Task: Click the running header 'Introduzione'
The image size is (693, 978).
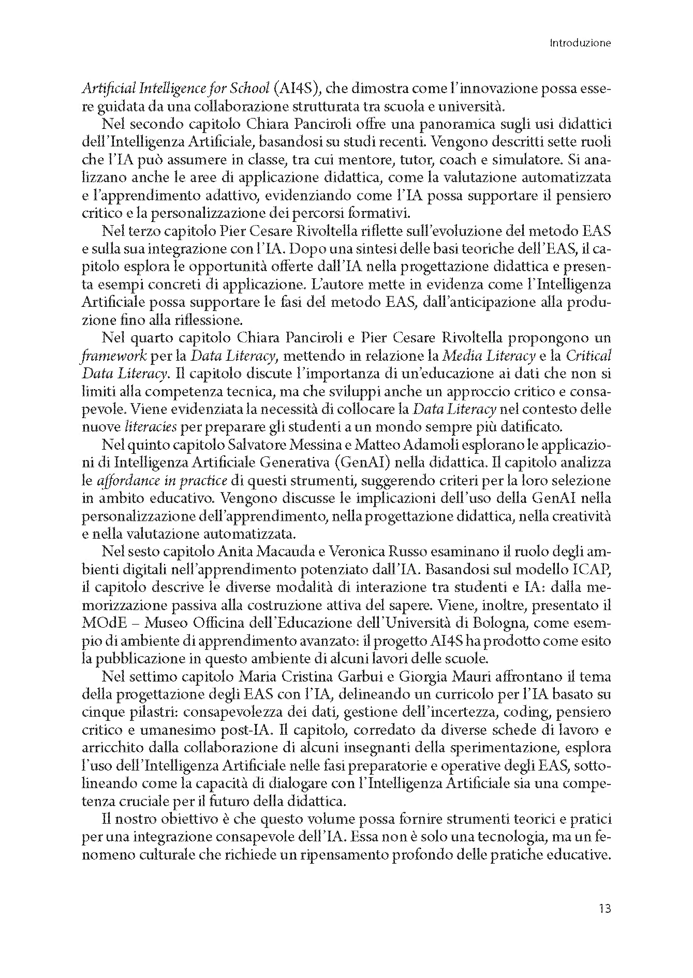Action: click(580, 43)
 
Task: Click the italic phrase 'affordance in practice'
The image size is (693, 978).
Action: click(162, 481)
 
